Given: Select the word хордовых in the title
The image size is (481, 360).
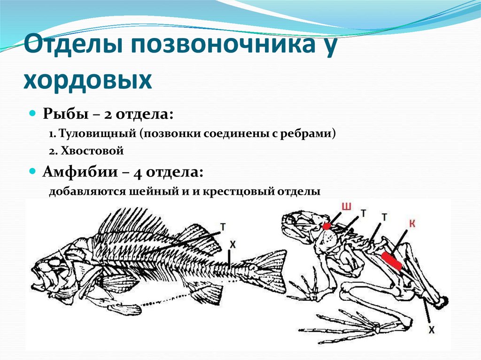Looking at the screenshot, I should (88, 81).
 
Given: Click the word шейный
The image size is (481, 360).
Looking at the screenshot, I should (153, 192).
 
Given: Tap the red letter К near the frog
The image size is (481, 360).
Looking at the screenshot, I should (412, 224).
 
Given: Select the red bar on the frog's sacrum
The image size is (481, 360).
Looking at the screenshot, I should (391, 260).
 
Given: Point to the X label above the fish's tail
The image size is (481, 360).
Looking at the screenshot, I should (232, 245).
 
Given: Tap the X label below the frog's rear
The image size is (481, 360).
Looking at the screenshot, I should (431, 329).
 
